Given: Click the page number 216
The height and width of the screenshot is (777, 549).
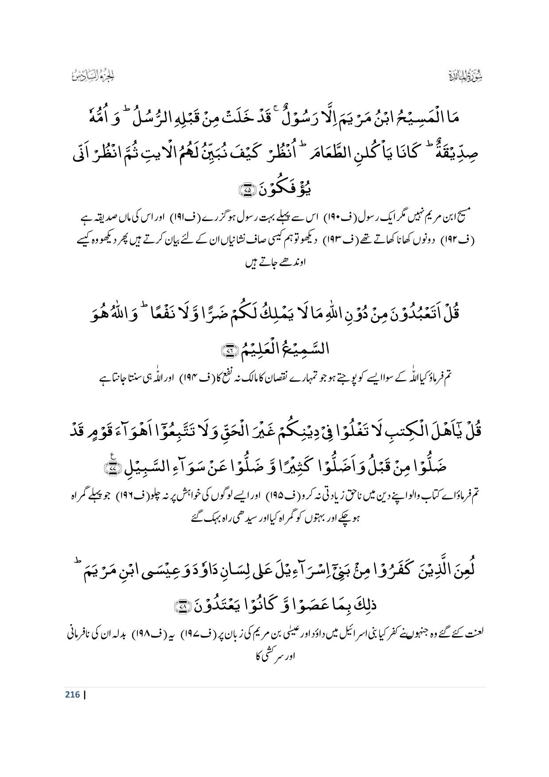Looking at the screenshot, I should (72, 694).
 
